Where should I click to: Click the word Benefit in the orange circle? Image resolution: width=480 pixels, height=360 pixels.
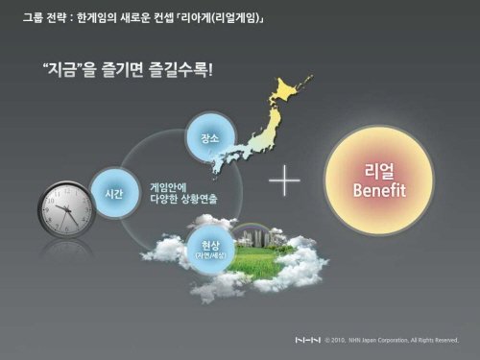379,191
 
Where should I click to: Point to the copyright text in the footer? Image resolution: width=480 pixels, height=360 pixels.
396,341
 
